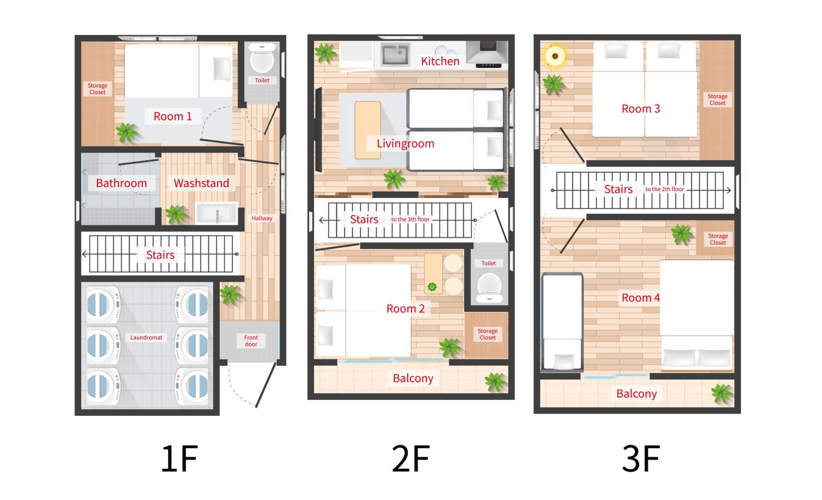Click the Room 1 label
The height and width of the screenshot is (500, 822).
pyautogui.click(x=172, y=116)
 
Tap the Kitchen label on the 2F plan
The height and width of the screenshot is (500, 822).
pyautogui.click(x=440, y=61)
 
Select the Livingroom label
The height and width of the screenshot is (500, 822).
pyautogui.click(x=405, y=143)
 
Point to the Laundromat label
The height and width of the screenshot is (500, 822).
pyautogui.click(x=146, y=338)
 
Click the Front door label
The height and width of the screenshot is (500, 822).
pyautogui.click(x=251, y=341)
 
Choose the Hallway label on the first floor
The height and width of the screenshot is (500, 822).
pyautogui.click(x=262, y=218)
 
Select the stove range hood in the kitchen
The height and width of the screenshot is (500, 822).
pyautogui.click(x=487, y=54)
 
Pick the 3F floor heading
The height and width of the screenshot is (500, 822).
pyautogui.click(x=641, y=458)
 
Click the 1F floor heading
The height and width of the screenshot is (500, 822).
pyautogui.click(x=179, y=458)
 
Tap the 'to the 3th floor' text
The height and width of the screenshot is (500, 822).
pyautogui.click(x=410, y=219)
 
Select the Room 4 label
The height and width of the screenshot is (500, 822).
pyautogui.click(x=641, y=298)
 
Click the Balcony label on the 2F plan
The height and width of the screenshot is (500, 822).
pyautogui.click(x=413, y=378)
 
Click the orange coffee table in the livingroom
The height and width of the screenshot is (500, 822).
pyautogui.click(x=368, y=130)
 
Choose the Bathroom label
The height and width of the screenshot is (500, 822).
pyautogui.click(x=121, y=183)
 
